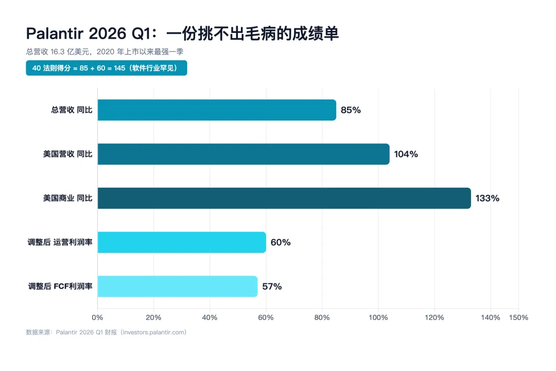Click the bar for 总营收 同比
point(217,110)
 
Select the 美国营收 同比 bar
point(244,154)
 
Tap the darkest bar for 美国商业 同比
point(284,198)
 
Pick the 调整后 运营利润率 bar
point(182,242)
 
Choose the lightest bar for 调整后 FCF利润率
point(178,286)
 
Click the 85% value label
point(351,110)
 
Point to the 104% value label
point(406,154)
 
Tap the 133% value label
point(488,198)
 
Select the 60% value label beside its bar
point(281,242)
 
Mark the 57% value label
point(272,286)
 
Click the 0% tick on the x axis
point(97,317)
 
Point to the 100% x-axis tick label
point(378,317)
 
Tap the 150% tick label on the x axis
point(518,317)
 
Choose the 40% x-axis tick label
point(210,317)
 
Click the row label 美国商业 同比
point(68,198)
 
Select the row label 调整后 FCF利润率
point(60,286)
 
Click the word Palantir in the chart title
point(55,33)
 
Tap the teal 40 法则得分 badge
point(107,68)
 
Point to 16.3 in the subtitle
point(58,52)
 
